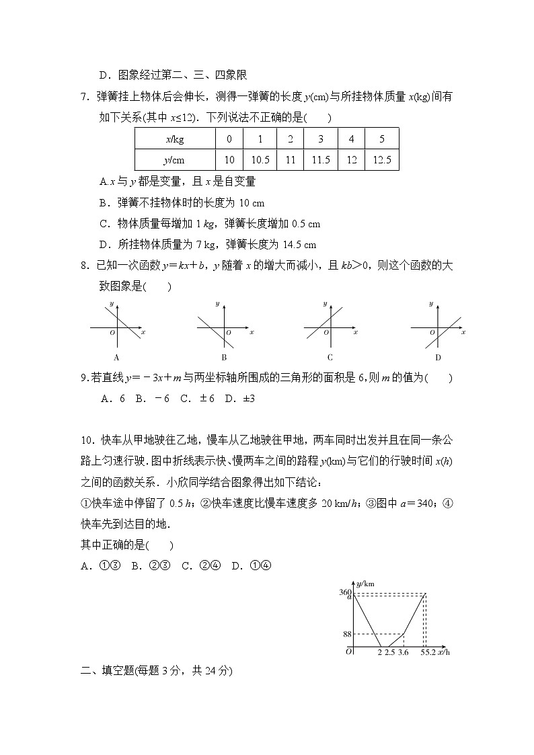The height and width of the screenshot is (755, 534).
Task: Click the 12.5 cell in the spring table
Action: [381, 160]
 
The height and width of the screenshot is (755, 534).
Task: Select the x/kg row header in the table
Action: [174, 139]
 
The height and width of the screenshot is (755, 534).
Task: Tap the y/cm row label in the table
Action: [174, 160]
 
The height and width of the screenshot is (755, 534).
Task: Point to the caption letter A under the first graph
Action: [117, 358]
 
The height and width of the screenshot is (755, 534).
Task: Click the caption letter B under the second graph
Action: [224, 358]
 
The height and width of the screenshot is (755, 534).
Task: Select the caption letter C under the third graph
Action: [330, 358]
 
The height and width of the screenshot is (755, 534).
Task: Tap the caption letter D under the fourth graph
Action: [437, 358]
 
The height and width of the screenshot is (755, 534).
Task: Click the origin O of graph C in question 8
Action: [325, 333]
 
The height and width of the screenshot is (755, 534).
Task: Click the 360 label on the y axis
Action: [345, 592]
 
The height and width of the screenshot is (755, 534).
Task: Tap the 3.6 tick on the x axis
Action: [403, 652]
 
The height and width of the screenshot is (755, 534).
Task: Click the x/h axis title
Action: [444, 652]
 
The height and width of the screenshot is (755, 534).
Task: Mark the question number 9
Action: [84, 378]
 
